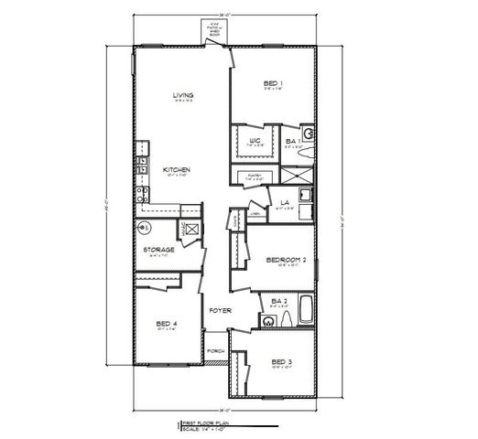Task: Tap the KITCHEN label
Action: coord(177,170)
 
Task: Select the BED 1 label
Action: coord(272,83)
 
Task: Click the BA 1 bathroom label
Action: coord(291,142)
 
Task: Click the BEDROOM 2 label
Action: coord(286,260)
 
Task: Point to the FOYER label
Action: coord(220,311)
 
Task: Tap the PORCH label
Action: coord(216,351)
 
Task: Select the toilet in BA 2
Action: coord(286,318)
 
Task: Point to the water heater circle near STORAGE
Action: coord(144,227)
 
